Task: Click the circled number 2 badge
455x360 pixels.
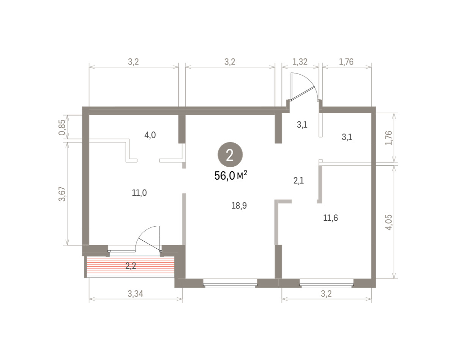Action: [x=230, y=155]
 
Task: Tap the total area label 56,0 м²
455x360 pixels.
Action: [x=231, y=175]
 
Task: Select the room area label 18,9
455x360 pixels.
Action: [x=239, y=205]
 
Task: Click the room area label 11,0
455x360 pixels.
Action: [x=139, y=193]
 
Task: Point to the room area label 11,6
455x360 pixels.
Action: [x=331, y=218]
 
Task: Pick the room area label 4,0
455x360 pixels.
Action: [x=150, y=135]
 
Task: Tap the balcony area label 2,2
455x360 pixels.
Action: [x=131, y=266]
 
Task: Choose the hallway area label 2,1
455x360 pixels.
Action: [x=298, y=181]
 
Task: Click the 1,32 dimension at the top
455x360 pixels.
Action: [x=300, y=62]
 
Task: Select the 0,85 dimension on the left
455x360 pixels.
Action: [x=62, y=127]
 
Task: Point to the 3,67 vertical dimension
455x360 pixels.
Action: [x=62, y=194]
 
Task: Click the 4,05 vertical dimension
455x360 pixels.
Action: [x=389, y=222]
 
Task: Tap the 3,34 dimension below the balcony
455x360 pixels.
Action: [x=135, y=294]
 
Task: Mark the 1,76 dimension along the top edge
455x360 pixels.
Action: [x=346, y=62]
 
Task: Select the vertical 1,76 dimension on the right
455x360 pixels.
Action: [x=389, y=138]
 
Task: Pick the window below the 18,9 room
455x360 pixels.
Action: [x=230, y=283]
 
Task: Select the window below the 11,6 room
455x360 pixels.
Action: [x=327, y=283]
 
